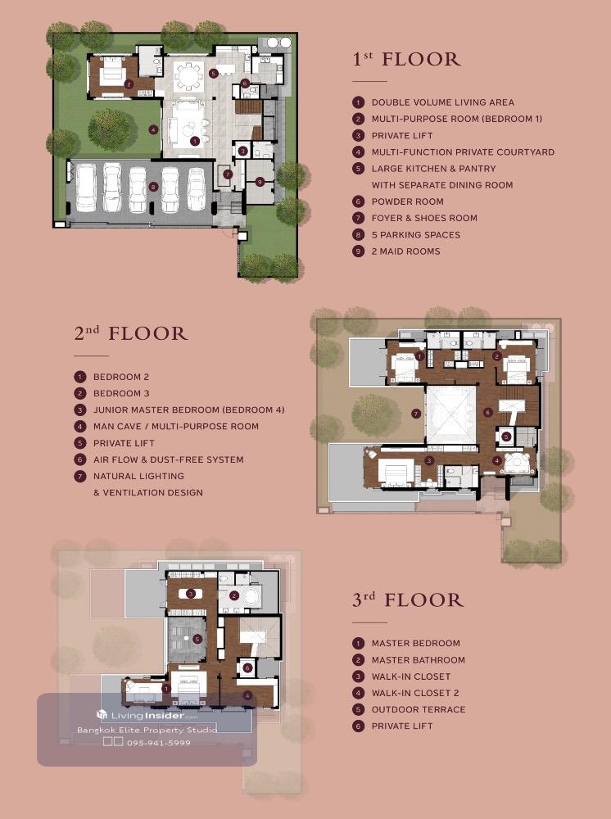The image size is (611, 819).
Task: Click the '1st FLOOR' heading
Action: [x=406, y=59]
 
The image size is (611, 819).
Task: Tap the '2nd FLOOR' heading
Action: [x=130, y=333]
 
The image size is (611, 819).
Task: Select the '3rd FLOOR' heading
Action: [x=408, y=600]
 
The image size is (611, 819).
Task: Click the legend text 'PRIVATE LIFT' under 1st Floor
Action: [x=402, y=136]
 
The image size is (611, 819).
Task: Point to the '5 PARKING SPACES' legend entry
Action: [x=416, y=235]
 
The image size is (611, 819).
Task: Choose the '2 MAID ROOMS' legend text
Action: [x=405, y=251]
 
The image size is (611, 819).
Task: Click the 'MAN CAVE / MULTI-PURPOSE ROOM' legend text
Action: [x=176, y=426]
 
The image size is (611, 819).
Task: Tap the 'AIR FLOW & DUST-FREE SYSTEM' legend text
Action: [x=168, y=459]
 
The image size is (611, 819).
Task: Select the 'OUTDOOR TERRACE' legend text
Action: [x=419, y=709]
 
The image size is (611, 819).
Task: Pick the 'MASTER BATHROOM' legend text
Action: [x=419, y=659]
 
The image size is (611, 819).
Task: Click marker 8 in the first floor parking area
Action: [x=153, y=187]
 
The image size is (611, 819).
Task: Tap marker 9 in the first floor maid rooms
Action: [x=260, y=182]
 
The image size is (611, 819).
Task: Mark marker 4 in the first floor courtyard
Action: [x=153, y=129]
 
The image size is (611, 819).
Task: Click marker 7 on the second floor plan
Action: [x=416, y=414]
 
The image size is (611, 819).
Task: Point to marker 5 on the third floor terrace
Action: [x=197, y=639]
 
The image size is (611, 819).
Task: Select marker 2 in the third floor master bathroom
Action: [x=234, y=595]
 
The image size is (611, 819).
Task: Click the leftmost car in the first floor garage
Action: [x=86, y=188]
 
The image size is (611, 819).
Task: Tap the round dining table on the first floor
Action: [x=188, y=76]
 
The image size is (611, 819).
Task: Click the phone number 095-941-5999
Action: [x=159, y=743]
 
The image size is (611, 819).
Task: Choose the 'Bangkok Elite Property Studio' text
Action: [x=147, y=730]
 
